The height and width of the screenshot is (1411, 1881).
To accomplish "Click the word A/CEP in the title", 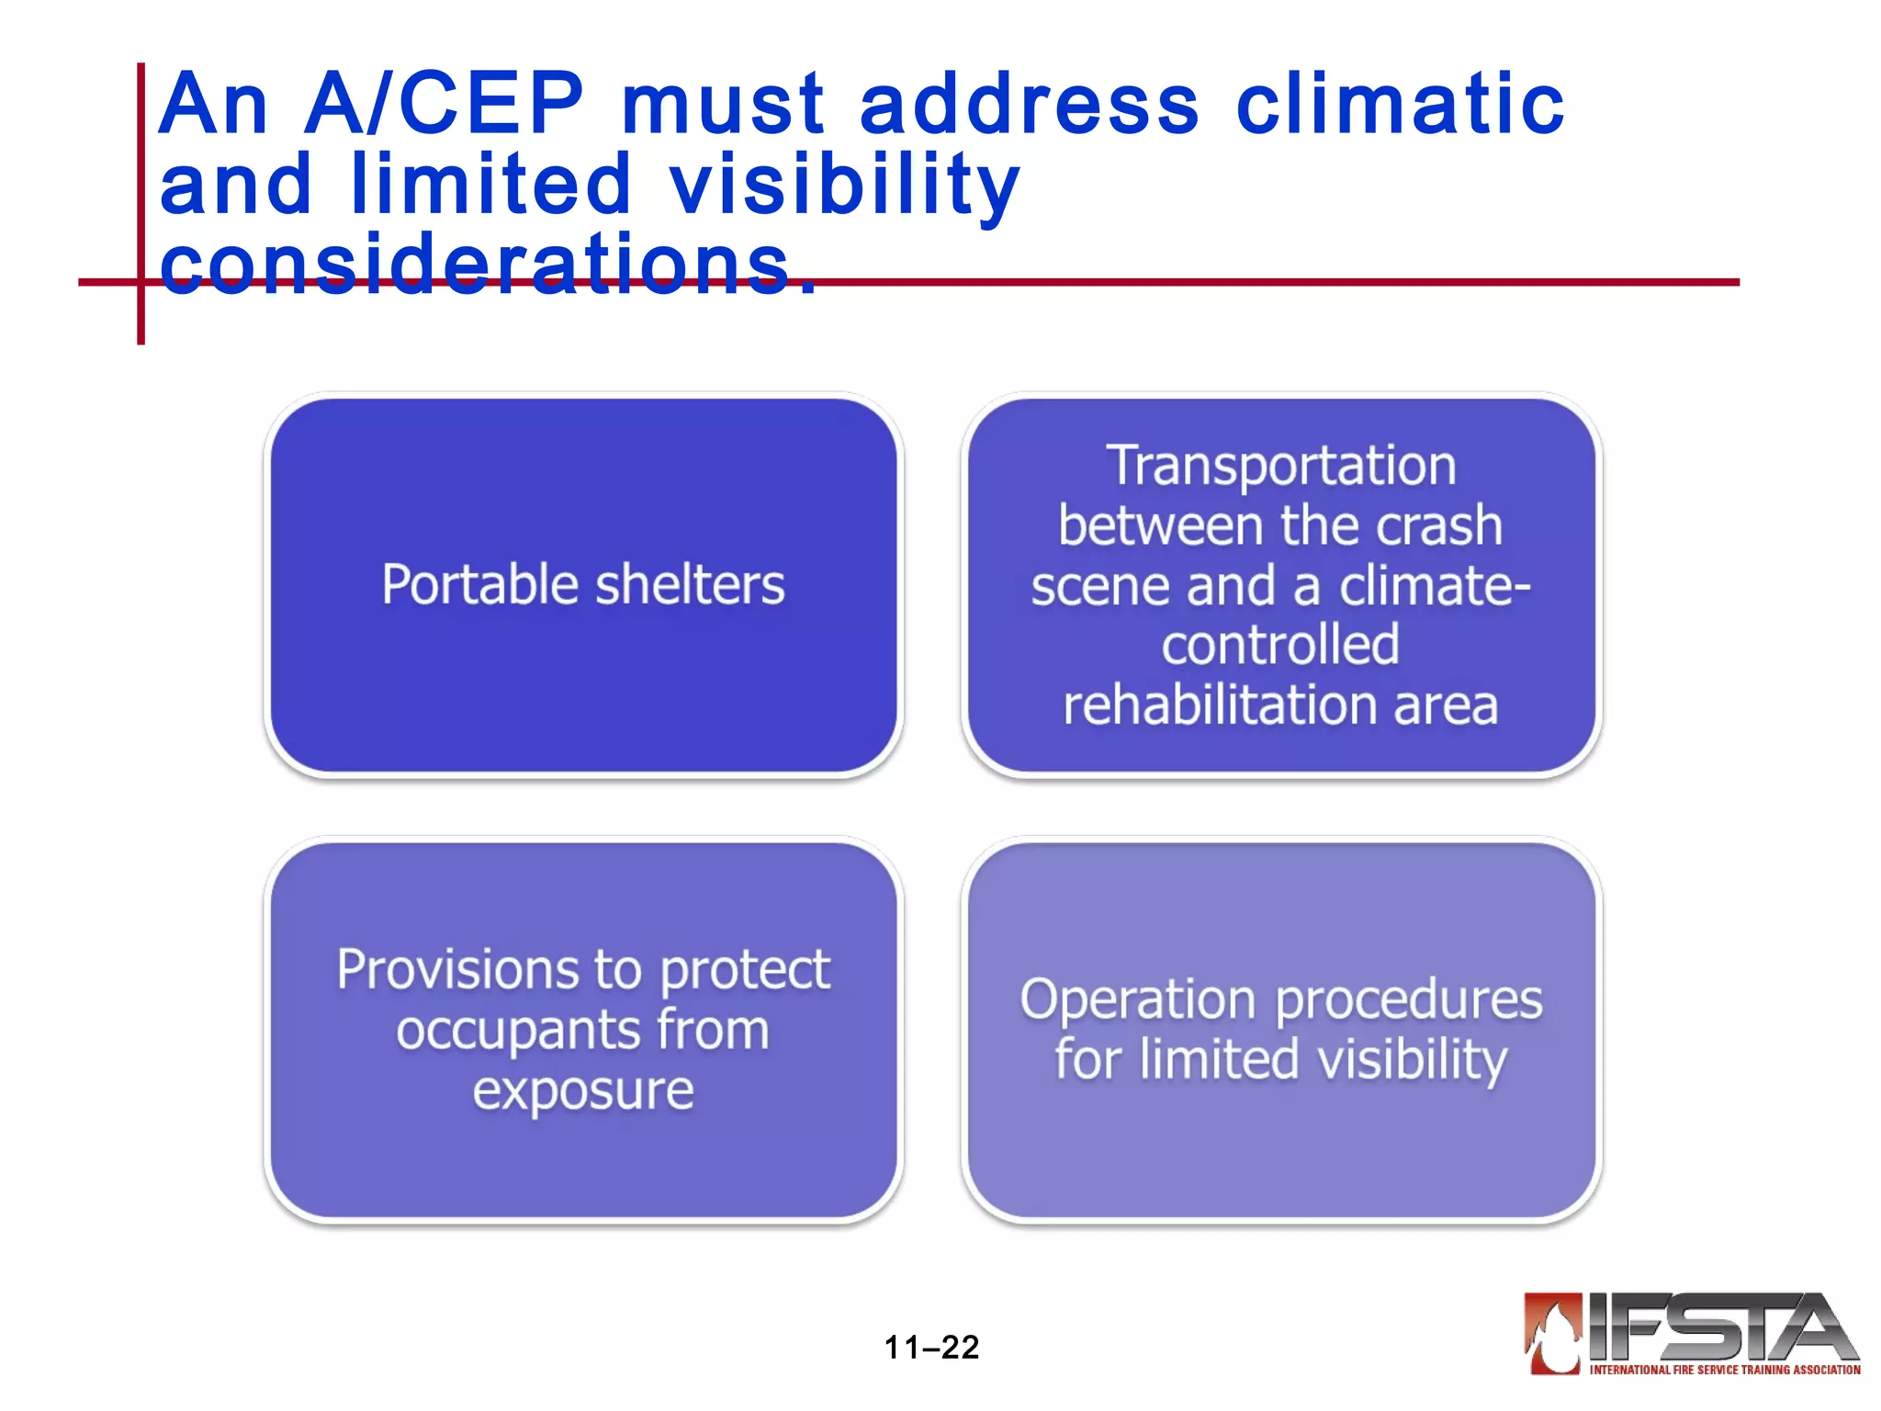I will (x=444, y=104).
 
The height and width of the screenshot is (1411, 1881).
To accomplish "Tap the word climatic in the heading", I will (x=1400, y=104).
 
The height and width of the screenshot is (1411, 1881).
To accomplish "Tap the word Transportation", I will (x=1280, y=465).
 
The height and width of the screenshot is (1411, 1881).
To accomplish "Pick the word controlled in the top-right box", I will (x=1280, y=645).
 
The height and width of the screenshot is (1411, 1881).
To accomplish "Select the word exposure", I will (x=583, y=1091).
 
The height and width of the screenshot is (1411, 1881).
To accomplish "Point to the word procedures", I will (x=1409, y=999).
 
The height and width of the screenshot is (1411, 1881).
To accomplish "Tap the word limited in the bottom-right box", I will (x=1218, y=1059).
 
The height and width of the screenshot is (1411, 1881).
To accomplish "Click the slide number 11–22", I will (x=931, y=1347).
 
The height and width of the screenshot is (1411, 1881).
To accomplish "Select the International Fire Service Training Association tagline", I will (x=1724, y=1369).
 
